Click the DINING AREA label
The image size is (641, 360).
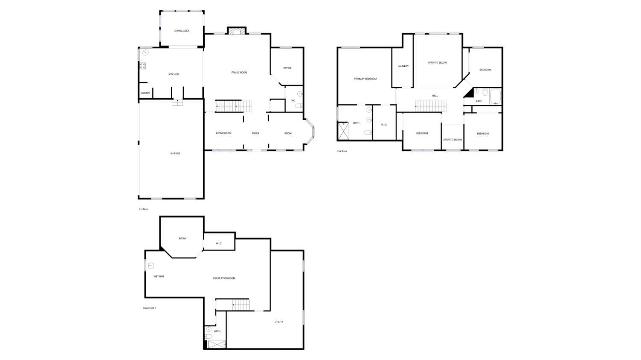tap(182, 31)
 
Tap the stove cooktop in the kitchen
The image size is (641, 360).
tap(142, 66)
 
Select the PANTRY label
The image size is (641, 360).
tap(145, 93)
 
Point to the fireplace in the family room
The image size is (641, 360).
tap(236, 31)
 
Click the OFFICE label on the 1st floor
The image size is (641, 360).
tap(287, 68)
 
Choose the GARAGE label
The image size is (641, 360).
tap(175, 153)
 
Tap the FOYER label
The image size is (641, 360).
tap(256, 133)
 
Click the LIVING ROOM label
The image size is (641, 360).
tap(223, 133)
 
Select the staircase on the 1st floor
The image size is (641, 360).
tap(234, 106)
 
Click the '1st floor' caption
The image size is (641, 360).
tap(144, 210)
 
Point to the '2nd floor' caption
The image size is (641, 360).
tap(342, 151)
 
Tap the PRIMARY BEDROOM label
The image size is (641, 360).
tap(365, 79)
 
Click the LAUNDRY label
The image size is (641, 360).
tap(403, 66)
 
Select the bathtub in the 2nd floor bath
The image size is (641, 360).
tap(495, 96)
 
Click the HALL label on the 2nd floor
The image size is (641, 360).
tap(435, 96)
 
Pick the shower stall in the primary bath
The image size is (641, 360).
tap(344, 131)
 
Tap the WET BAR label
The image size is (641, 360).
tap(159, 277)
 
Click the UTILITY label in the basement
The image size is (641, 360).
tap(279, 322)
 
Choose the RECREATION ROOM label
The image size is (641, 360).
tap(224, 278)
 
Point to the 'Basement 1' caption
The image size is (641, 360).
tap(150, 308)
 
